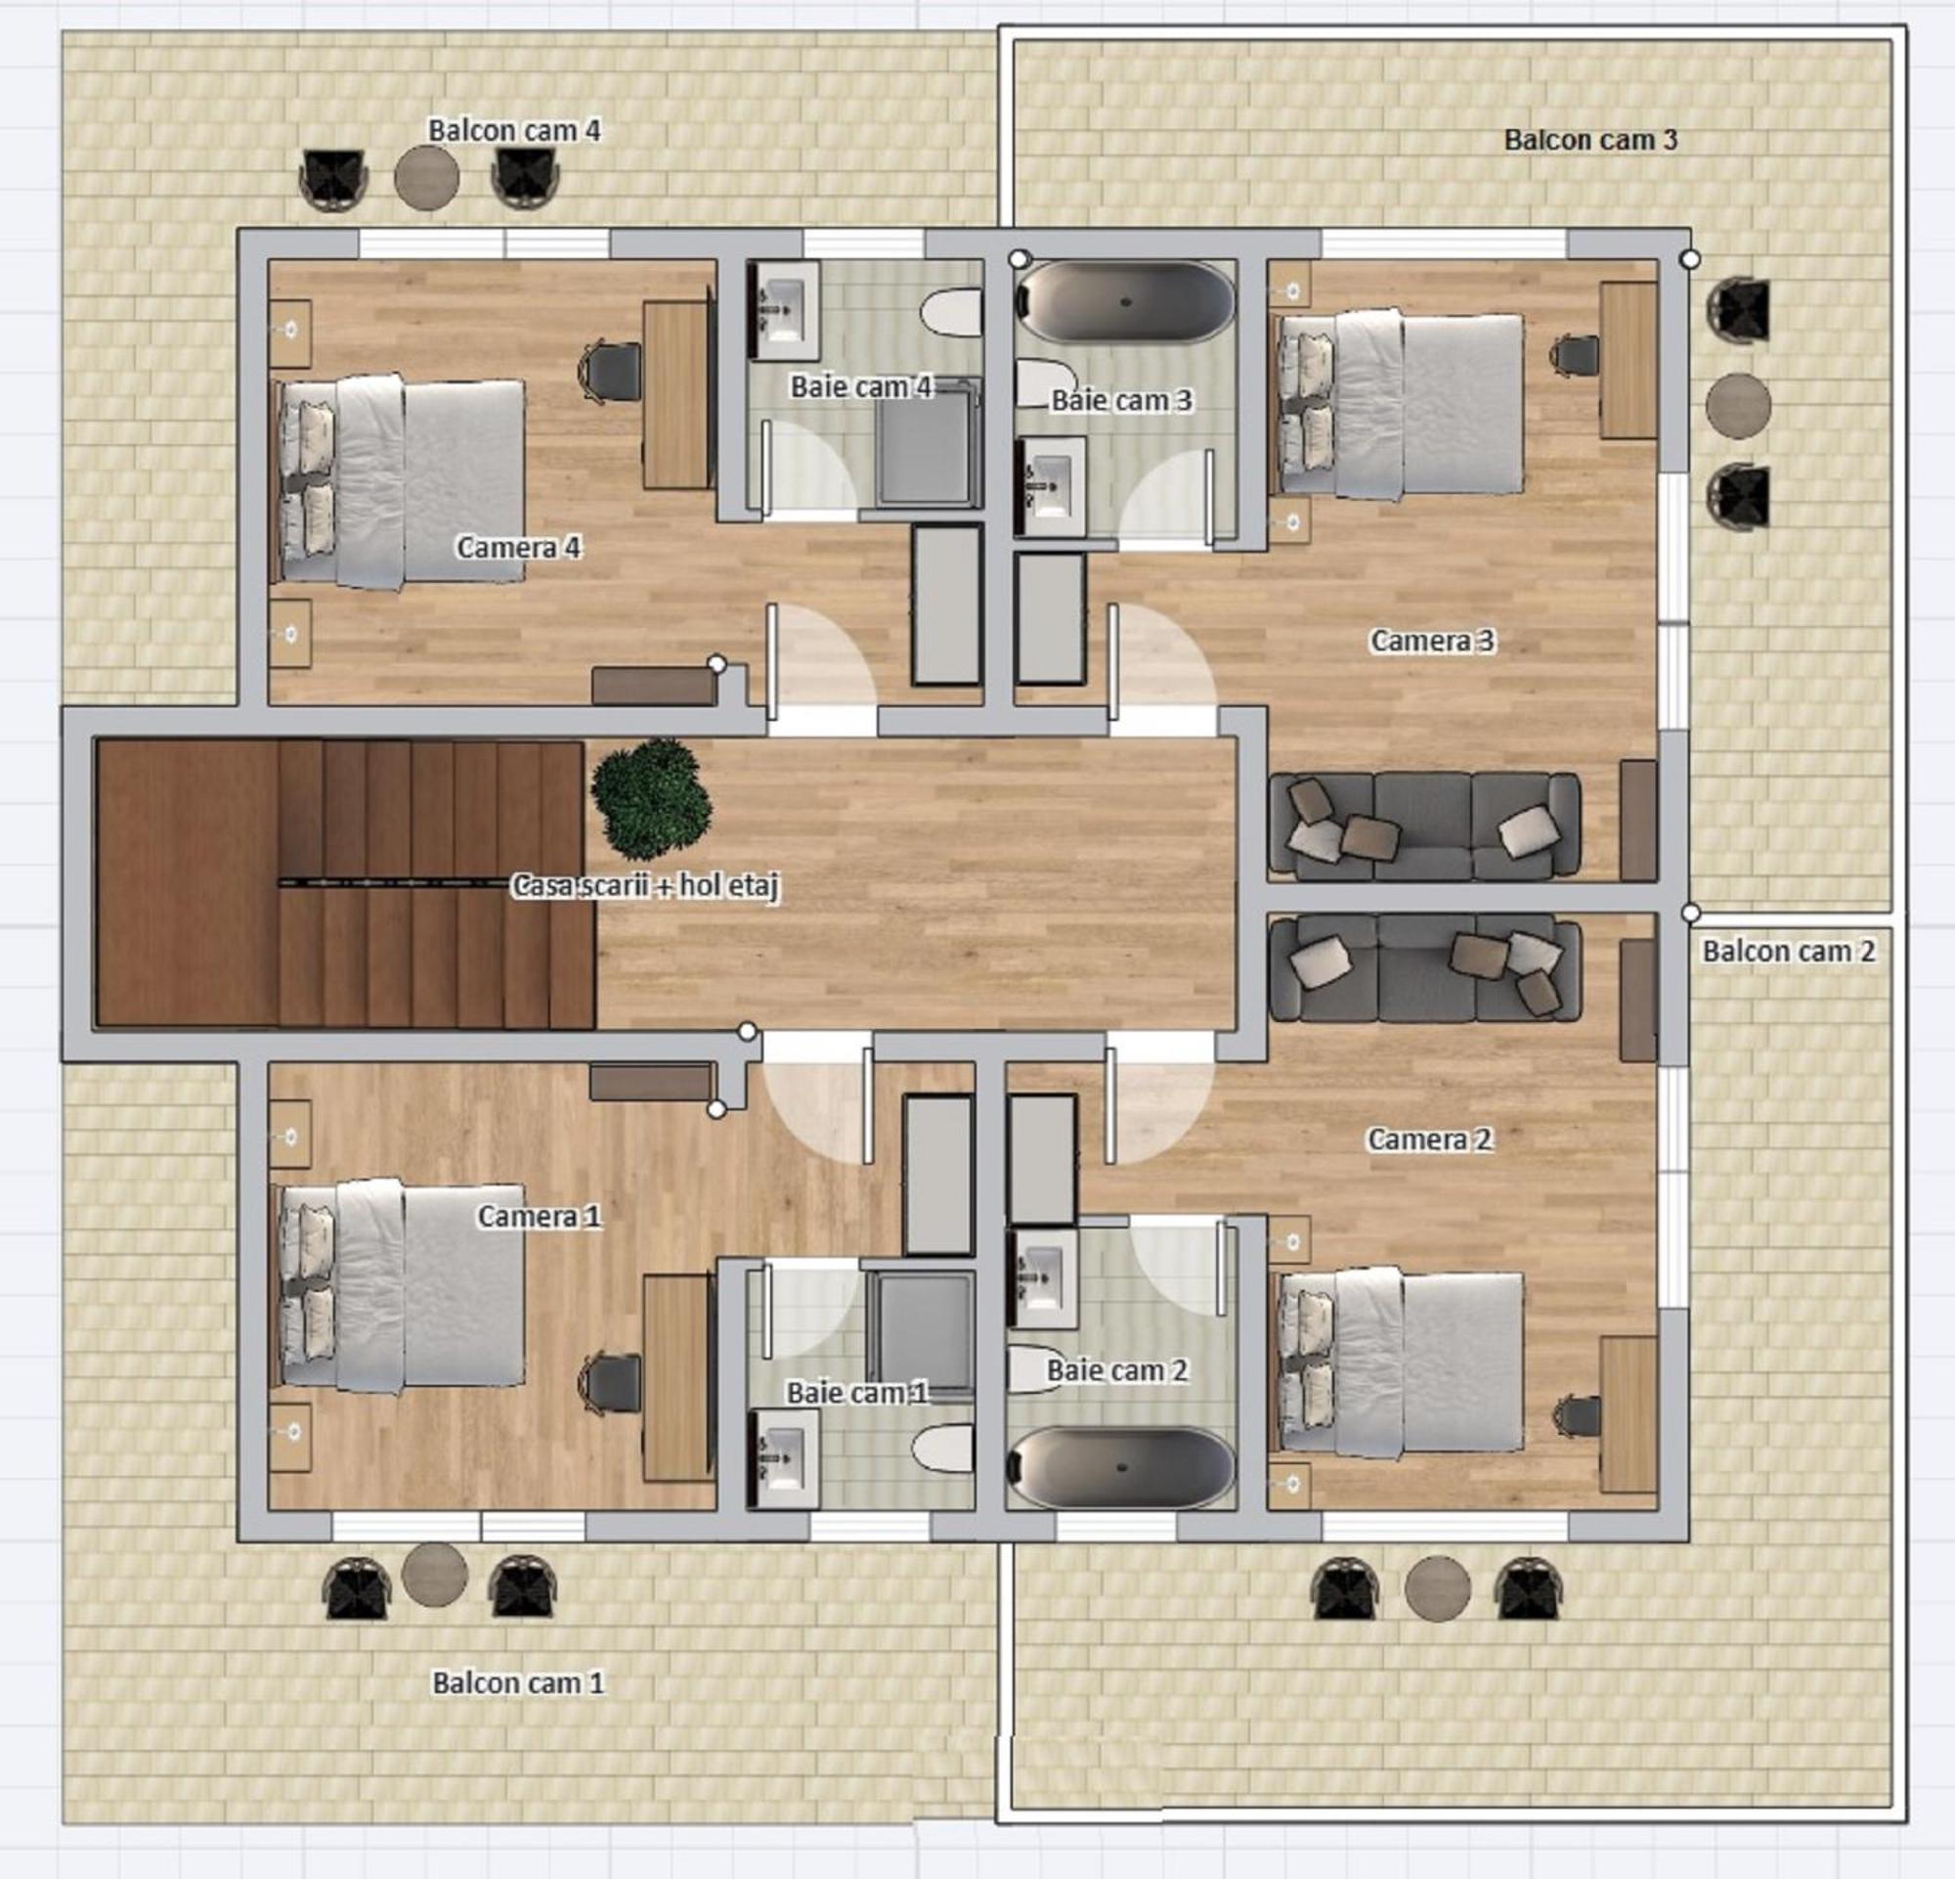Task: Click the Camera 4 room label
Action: coord(519,547)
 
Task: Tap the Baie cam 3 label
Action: coord(1121,400)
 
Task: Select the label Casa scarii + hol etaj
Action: coord(645,885)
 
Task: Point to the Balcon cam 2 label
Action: coord(1789,951)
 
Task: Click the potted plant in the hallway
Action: coord(651,798)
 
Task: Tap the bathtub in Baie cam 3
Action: coord(1124,302)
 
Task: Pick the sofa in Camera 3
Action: coord(1424,826)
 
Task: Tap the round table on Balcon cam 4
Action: coord(427,178)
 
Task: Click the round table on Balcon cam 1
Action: coord(435,1575)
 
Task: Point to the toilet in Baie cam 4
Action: coord(949,312)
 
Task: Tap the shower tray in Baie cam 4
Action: coord(927,443)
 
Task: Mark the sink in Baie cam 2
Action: coord(1041,1278)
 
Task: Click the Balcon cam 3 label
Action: coord(1591,140)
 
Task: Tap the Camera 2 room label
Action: coord(1429,1139)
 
